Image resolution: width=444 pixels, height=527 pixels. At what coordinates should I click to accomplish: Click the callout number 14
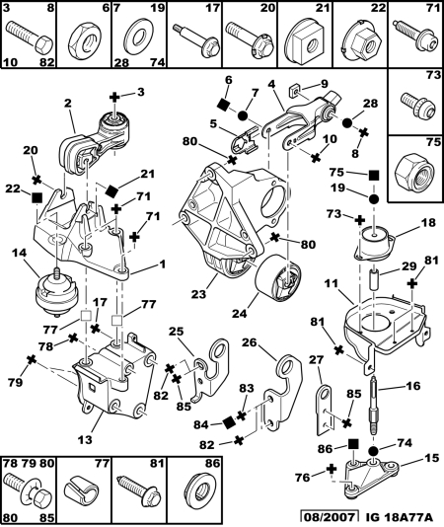click(x=19, y=253)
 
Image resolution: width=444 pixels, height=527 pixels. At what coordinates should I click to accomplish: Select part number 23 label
click(x=198, y=294)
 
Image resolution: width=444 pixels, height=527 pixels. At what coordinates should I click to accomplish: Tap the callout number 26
click(x=249, y=342)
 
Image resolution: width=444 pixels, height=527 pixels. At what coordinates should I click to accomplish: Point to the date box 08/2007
click(x=328, y=517)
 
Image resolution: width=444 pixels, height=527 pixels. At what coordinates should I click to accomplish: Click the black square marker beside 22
click(x=36, y=197)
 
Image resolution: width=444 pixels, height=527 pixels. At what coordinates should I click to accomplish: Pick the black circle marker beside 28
click(x=347, y=122)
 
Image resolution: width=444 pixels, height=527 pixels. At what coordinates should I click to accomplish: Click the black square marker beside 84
click(x=229, y=422)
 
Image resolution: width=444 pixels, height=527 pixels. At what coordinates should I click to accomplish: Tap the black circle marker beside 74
click(x=373, y=451)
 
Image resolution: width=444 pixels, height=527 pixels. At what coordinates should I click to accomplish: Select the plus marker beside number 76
click(x=332, y=469)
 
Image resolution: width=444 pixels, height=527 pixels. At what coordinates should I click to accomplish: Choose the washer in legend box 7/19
click(x=138, y=37)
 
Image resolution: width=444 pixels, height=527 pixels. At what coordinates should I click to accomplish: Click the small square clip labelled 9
click(x=294, y=91)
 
